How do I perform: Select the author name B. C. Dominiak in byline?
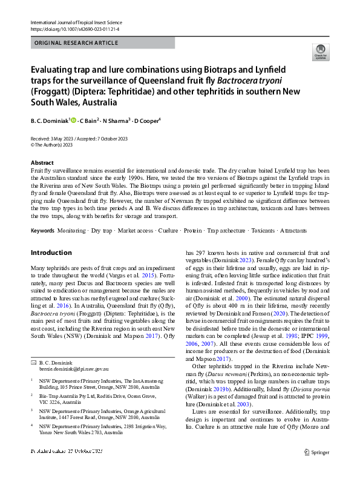coord(50,121)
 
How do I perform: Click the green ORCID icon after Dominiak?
coord(74,121)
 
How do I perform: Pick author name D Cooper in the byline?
coord(147,121)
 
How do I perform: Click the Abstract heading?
coord(42,164)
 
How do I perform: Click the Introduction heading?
coord(51,253)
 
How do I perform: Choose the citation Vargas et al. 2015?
coord(133,273)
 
